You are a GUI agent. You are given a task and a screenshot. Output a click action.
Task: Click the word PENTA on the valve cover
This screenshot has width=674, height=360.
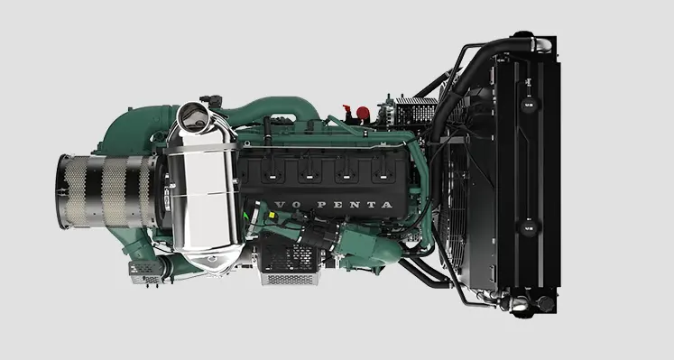(358, 206)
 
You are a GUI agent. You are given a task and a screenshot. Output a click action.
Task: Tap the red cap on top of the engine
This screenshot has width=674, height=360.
(365, 114)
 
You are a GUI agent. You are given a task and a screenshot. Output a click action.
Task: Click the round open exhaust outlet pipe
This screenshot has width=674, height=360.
(193, 115)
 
